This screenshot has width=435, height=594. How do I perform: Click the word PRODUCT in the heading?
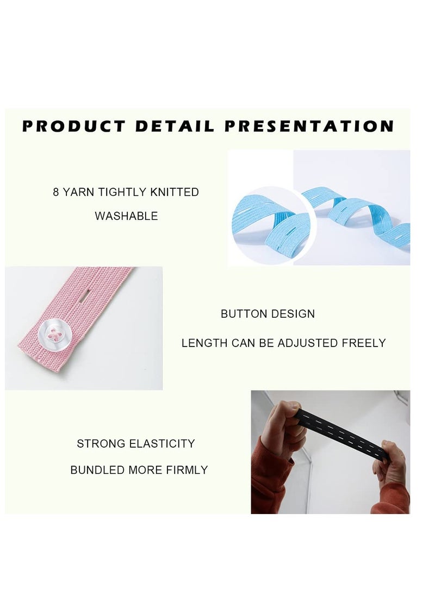click(x=73, y=127)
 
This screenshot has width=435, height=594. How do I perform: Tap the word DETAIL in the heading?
click(x=175, y=127)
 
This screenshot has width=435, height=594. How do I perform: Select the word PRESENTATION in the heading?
click(x=309, y=127)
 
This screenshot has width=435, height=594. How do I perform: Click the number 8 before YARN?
click(x=56, y=192)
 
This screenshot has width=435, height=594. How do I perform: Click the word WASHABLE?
click(x=126, y=216)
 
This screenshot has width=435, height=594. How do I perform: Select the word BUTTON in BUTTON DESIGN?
click(x=240, y=314)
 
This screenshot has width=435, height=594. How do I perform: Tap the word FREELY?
click(x=364, y=343)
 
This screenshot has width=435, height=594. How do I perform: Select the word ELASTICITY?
click(x=162, y=444)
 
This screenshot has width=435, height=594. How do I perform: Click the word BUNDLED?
click(x=97, y=470)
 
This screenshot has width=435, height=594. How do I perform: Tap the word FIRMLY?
click(x=188, y=470)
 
